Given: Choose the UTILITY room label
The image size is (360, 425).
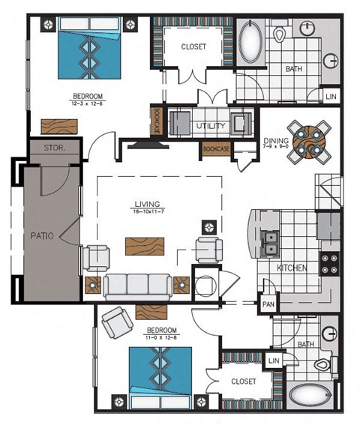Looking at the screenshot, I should click(x=210, y=126).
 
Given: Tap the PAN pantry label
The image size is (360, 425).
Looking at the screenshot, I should click(x=268, y=304).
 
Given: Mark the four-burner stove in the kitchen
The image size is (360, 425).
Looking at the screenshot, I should click(x=330, y=264).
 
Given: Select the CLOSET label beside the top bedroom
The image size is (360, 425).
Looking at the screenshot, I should click(x=193, y=46).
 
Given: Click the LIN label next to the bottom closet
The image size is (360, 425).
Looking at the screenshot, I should click(x=274, y=361).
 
